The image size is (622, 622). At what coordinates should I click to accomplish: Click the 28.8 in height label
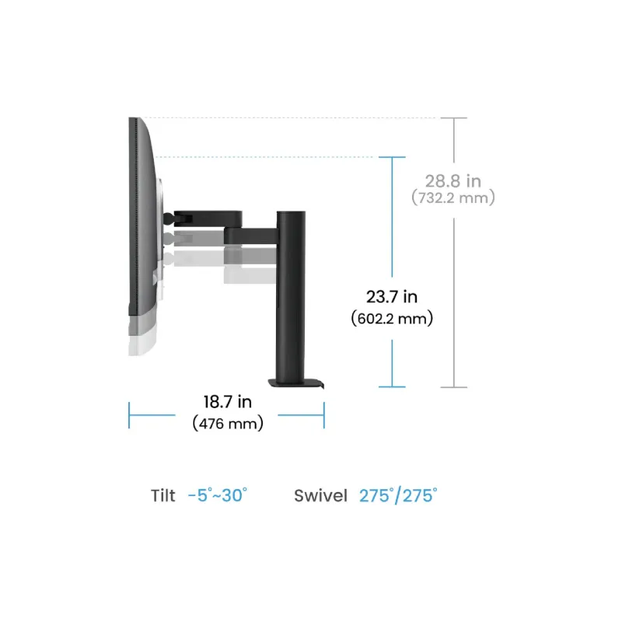[x=453, y=181]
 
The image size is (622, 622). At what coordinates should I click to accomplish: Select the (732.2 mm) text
[x=453, y=197]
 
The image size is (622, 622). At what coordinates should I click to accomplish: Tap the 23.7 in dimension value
[x=392, y=297]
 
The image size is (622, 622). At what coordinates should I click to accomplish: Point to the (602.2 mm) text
[x=392, y=319]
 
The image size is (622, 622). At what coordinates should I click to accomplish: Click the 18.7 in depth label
[x=228, y=402]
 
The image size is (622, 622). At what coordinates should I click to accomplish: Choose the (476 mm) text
[x=228, y=423]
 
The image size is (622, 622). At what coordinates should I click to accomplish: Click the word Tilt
[x=163, y=496]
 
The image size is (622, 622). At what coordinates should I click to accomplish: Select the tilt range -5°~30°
[x=218, y=495]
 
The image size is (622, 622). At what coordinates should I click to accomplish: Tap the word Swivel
[x=320, y=496]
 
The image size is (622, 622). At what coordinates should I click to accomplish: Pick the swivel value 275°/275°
[x=398, y=496]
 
